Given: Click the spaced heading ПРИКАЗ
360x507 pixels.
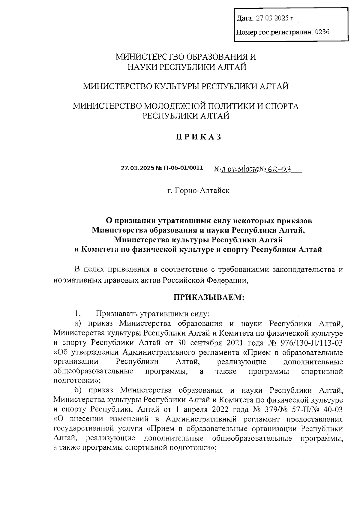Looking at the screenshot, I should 199,137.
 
